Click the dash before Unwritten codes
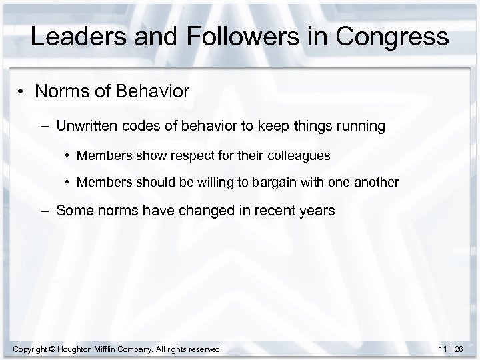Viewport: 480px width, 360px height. coord(46,126)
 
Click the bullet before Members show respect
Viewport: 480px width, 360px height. coord(68,156)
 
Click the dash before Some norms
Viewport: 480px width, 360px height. coord(46,211)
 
